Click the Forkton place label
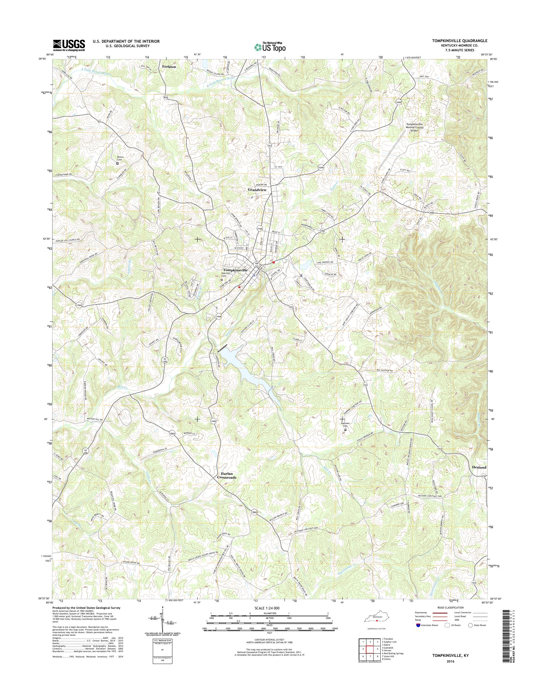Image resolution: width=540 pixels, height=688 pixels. tap(169, 67)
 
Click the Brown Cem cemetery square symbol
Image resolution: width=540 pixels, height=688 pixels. tap(117, 164)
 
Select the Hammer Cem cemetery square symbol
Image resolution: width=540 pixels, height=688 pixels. tap(345, 429)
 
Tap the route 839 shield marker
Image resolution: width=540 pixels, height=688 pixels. tap(165, 98)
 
